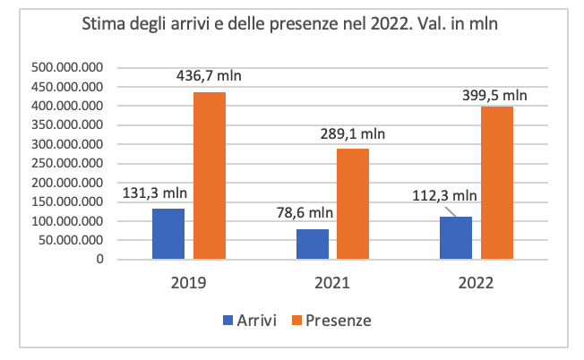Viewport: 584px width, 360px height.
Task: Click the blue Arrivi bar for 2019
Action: (x=168, y=234)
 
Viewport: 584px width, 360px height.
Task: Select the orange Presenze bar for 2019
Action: (x=210, y=176)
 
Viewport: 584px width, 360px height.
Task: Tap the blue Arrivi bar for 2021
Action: (x=313, y=244)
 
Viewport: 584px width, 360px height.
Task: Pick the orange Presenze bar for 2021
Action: (x=353, y=203)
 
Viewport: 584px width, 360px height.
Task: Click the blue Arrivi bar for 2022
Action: (x=456, y=237)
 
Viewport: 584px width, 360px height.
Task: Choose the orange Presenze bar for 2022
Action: (x=497, y=183)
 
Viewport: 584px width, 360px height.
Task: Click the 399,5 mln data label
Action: (x=496, y=93)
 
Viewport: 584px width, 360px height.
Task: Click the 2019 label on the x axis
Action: (x=189, y=282)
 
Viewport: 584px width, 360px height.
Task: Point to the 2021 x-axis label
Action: (x=332, y=282)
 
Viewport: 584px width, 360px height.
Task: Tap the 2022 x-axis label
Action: (x=476, y=282)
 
